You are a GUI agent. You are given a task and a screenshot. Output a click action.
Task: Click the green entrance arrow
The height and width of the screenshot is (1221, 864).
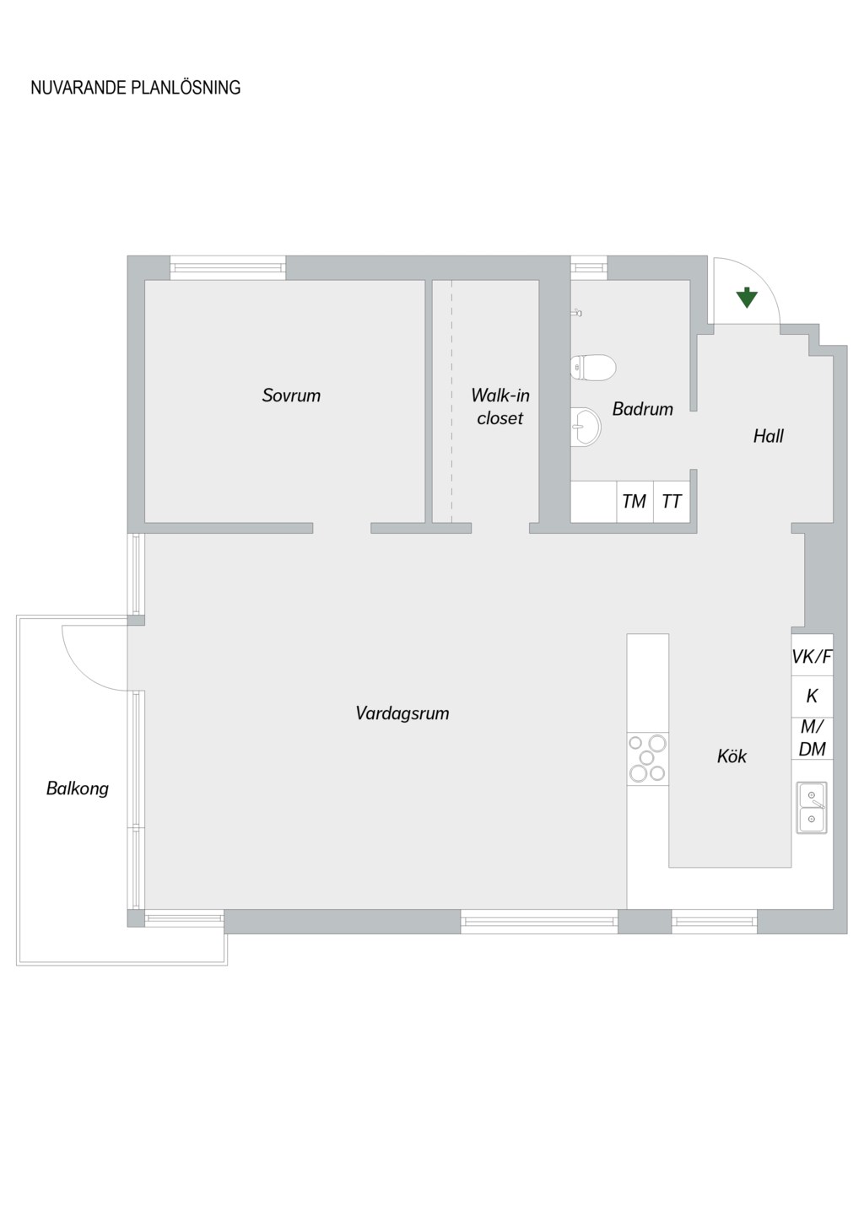pos(746,299)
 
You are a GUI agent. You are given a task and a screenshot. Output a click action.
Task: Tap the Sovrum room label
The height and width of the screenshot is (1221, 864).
pos(291,395)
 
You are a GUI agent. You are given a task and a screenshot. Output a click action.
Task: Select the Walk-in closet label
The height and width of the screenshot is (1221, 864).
pos(500,406)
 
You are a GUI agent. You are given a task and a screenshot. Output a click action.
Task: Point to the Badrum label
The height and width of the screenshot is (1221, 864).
pos(643,409)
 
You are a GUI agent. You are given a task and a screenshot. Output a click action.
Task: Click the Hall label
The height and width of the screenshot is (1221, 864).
pos(769,436)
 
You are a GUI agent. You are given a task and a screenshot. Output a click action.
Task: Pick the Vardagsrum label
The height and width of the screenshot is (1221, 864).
pos(402,713)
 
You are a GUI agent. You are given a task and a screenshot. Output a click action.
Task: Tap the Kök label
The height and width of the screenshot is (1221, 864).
pos(732,756)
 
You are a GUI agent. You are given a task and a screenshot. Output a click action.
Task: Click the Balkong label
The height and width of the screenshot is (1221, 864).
pos(78,788)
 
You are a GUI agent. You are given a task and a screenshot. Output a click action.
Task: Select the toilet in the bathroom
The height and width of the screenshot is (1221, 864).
pos(593,367)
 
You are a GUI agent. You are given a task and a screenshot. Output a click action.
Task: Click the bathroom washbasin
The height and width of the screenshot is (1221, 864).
pos(586,427)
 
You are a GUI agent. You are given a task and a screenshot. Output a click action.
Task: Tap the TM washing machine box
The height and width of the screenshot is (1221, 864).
pos(634,502)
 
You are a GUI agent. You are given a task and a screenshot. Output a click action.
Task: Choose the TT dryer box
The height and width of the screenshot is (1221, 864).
pos(672,502)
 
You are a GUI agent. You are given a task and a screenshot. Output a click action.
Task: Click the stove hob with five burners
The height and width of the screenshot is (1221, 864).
pos(647,758)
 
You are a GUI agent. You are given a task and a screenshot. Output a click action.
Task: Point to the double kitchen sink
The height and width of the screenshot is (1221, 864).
pos(812,808)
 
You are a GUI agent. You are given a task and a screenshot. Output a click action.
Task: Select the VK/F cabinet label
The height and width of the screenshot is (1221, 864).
pos(813,657)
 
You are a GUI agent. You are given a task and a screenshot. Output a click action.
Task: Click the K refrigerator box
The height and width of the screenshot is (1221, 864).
pos(813,696)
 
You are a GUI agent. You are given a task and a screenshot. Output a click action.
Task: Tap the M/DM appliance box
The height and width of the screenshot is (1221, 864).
pos(813,738)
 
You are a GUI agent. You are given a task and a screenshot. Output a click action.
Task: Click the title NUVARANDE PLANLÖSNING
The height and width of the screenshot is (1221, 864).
pos(135,88)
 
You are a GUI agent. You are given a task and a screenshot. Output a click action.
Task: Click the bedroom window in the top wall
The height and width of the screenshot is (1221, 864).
pos(228,267)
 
